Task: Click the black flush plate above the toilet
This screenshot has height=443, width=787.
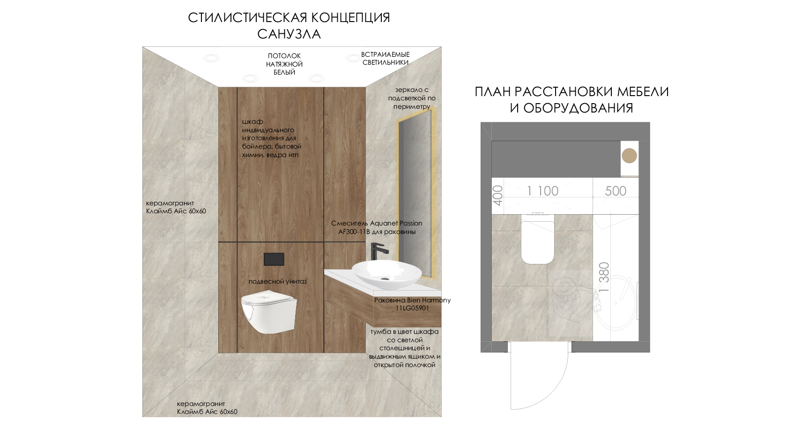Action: tap(274, 259)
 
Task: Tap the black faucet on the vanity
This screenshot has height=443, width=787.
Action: tap(379, 251)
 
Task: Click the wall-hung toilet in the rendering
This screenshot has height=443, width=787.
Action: tap(269, 311)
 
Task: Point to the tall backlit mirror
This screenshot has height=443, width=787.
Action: tap(415, 193)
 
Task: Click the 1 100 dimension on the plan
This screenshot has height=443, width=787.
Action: tap(542, 191)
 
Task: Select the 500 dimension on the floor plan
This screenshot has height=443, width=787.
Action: tap(616, 191)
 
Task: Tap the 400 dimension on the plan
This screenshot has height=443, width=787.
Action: tap(498, 195)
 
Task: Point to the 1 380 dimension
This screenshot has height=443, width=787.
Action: tap(604, 277)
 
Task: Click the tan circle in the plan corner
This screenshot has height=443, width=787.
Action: tap(629, 156)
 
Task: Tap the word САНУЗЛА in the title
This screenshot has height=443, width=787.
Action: tap(289, 34)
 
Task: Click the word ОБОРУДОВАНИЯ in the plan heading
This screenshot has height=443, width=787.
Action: tap(578, 108)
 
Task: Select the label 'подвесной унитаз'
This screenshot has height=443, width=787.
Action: tap(277, 282)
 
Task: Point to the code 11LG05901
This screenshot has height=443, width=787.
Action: tap(412, 308)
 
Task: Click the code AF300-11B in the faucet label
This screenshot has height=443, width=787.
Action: tap(354, 232)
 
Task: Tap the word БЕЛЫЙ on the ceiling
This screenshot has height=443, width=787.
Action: tap(284, 72)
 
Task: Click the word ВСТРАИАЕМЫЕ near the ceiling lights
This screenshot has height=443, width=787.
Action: tap(386, 54)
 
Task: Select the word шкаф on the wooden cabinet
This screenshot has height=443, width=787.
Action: tap(252, 122)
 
